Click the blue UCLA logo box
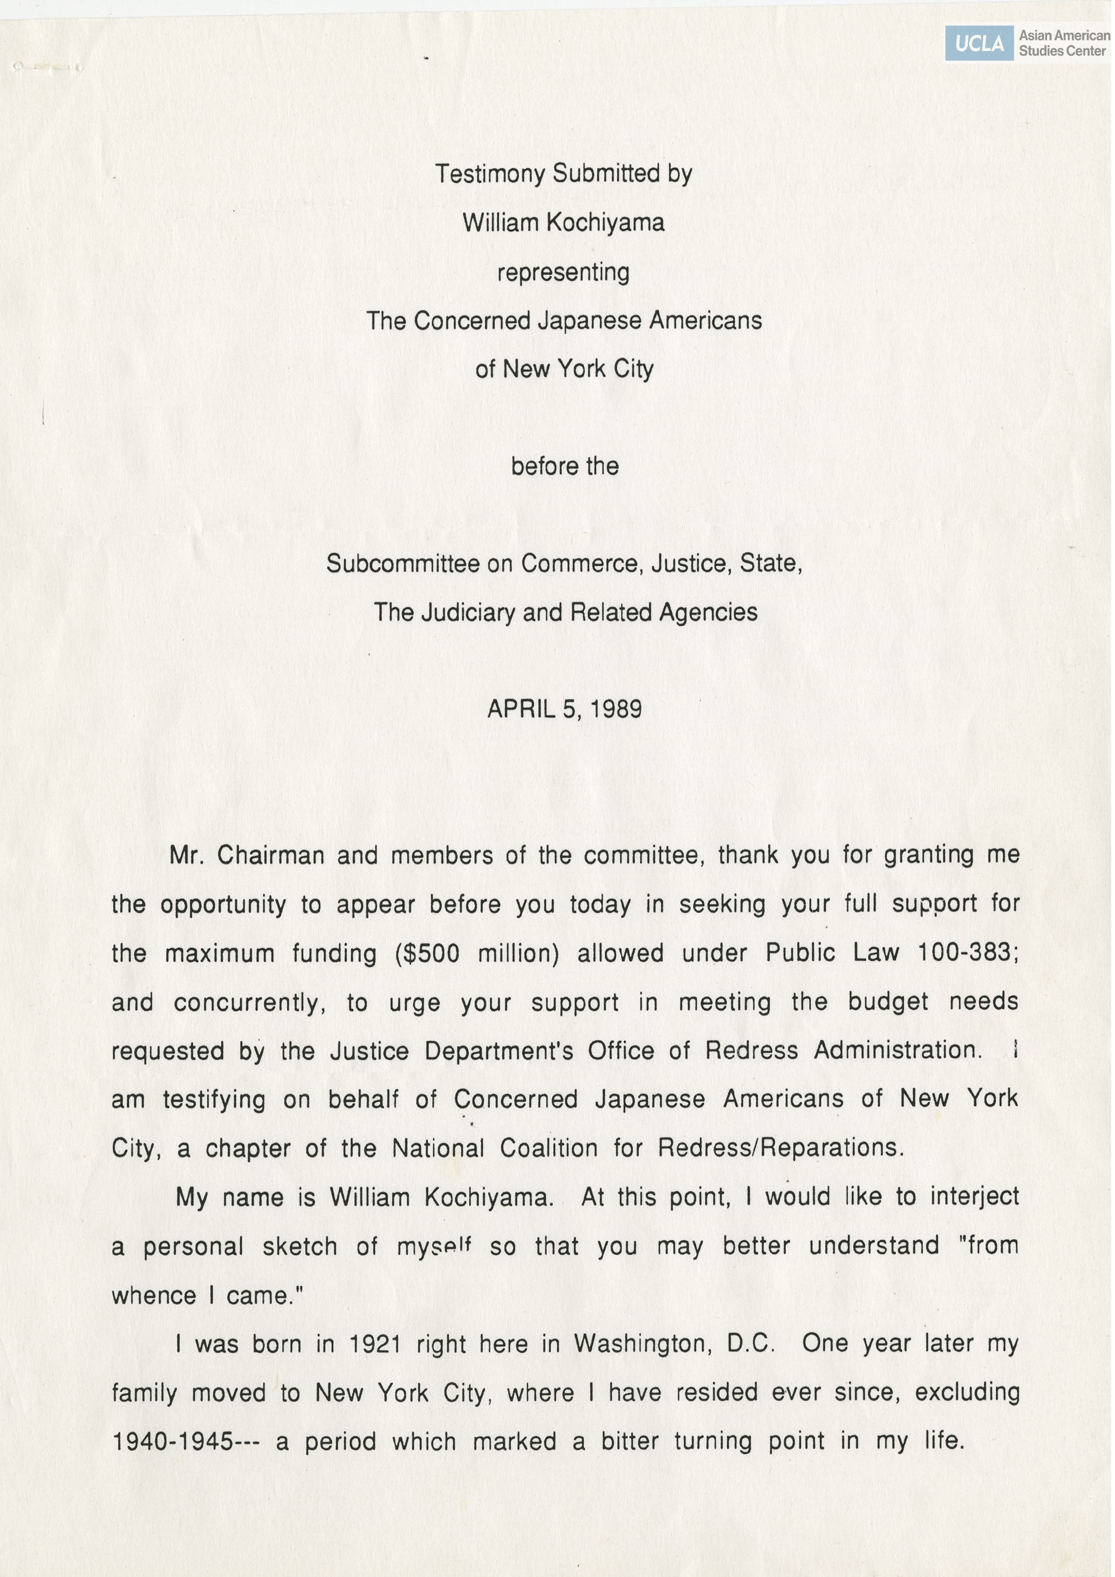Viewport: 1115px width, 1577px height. point(978,43)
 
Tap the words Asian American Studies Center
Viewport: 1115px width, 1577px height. point(1064,43)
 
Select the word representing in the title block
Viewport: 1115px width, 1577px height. point(563,272)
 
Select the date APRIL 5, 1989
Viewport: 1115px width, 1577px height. point(564,709)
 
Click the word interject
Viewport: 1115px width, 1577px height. point(974,1197)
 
